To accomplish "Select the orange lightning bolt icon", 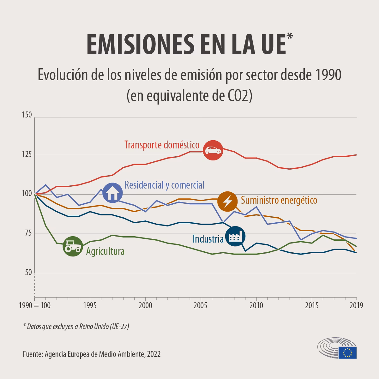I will coord(227,201).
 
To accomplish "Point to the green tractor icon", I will coord(73,246).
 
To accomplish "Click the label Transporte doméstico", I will coord(162,145).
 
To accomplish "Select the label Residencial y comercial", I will coord(164,185).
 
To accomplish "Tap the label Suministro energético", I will coord(279,200).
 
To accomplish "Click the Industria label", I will coord(208,239).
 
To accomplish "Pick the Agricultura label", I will coord(105,251).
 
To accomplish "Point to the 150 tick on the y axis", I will coord(27,115).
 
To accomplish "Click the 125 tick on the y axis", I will coord(27,155).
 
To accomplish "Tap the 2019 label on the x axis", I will coord(356,306).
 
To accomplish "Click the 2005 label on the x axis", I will coord(201,306).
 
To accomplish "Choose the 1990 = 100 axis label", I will coord(35,306).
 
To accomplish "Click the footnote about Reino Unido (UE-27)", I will coord(76,327).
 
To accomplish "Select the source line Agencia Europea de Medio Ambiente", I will coord(92,354).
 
